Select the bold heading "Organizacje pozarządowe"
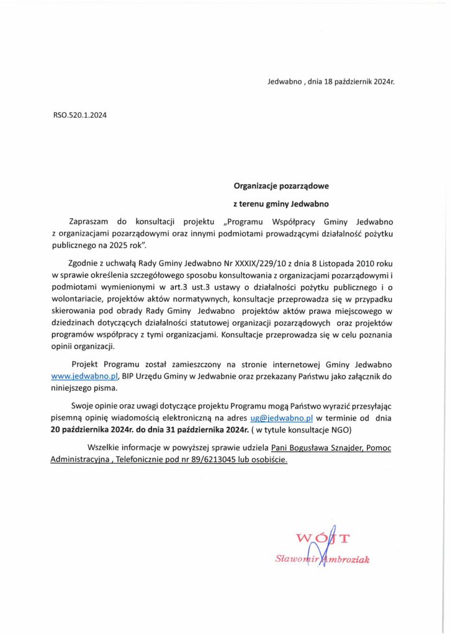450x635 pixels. [x=281, y=185]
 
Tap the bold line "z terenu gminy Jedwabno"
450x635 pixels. [x=281, y=203]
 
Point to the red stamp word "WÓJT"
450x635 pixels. [x=323, y=538]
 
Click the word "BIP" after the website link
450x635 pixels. [x=130, y=376]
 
